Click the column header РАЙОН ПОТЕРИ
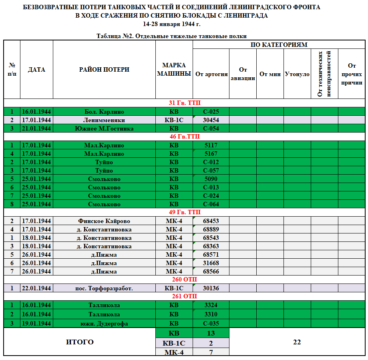(104, 70)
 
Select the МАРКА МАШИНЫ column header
(174, 70)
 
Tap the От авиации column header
(243, 74)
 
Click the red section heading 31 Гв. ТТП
(185, 103)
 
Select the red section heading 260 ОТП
(185, 280)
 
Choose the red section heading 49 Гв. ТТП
(185, 212)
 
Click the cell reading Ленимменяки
(104, 120)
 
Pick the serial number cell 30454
(211, 120)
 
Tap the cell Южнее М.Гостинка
(104, 129)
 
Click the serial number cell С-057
(211, 171)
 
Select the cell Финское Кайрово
(104, 221)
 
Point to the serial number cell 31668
(211, 263)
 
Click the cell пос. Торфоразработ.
(104, 288)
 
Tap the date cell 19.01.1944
(36, 324)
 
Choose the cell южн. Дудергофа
(104, 324)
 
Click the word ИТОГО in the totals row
(80, 342)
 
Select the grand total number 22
(297, 342)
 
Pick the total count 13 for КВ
(211, 333)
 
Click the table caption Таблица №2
(171, 36)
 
